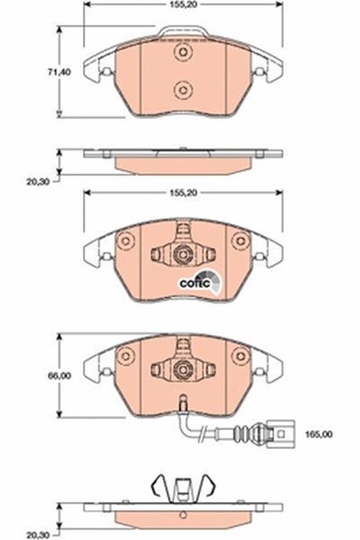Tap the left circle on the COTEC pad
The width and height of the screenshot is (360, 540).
126,241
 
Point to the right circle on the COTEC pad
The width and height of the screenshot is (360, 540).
240,241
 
